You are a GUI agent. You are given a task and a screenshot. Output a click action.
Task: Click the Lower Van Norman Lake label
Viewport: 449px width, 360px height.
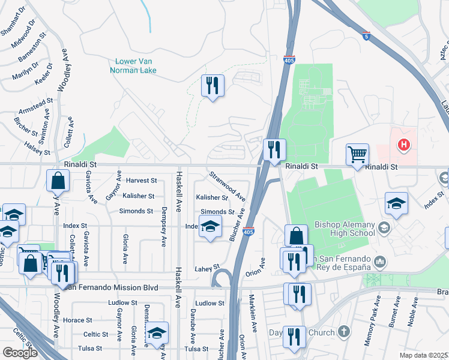(133, 65)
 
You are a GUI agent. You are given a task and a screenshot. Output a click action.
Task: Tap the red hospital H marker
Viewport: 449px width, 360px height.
(404, 145)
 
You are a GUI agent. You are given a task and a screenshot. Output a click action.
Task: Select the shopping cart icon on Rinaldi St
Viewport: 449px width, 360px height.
(357, 155)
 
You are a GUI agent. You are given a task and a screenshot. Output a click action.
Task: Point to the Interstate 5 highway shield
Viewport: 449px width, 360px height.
(366, 37)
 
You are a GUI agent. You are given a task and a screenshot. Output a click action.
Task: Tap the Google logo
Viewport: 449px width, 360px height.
(20, 353)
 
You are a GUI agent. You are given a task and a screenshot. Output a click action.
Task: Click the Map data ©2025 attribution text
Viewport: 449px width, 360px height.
(424, 355)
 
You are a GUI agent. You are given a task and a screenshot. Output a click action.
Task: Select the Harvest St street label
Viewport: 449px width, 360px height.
(141, 180)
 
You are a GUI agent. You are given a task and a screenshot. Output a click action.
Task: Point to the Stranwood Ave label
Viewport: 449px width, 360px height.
(227, 187)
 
